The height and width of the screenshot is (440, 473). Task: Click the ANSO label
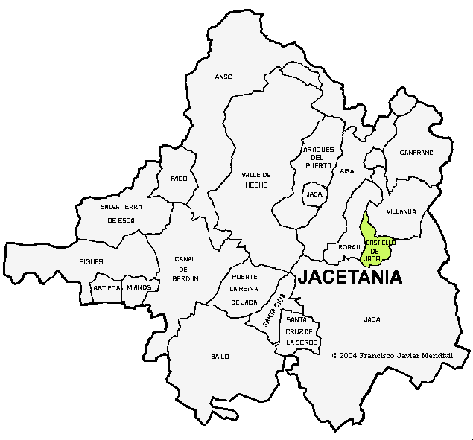click(224, 77)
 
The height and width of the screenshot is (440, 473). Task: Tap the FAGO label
click(179, 179)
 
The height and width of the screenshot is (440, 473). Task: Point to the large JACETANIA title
click(350, 278)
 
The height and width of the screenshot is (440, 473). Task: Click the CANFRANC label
click(416, 153)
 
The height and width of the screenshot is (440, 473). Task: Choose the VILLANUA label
click(401, 211)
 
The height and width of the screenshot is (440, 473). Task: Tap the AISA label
click(347, 171)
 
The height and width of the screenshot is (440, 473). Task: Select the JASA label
click(314, 194)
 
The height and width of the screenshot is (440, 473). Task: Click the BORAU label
click(349, 246)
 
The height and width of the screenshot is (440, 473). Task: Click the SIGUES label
click(91, 262)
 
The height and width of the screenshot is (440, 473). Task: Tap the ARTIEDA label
click(107, 287)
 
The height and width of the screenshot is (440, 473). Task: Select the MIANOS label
click(139, 287)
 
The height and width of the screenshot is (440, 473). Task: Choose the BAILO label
click(220, 357)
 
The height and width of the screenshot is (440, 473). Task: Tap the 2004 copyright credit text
click(393, 356)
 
